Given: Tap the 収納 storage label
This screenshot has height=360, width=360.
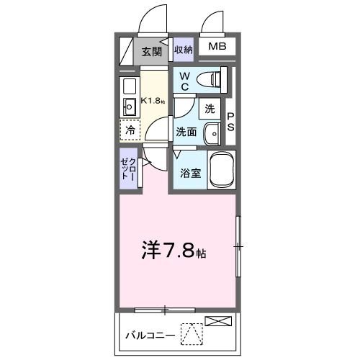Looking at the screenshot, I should click(x=183, y=50).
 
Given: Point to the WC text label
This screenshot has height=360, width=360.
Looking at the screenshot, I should click(x=184, y=81).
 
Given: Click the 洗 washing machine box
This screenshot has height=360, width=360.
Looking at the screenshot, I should click(x=210, y=109).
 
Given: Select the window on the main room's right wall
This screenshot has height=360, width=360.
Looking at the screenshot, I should click(x=238, y=247).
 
